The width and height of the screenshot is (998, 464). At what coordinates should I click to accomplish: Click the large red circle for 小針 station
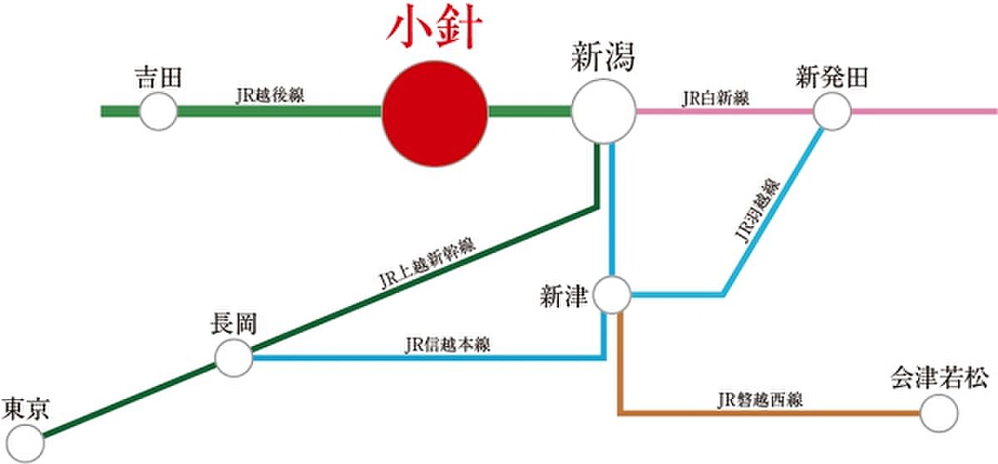pos(434,111)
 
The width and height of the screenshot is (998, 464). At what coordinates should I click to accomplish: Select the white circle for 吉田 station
pos(158,111)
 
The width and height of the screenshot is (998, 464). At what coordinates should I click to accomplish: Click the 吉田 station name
pos(158,78)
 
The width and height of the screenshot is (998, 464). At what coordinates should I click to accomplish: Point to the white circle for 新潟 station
pos(603,111)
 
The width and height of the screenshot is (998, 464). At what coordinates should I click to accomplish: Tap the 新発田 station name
pos(832,78)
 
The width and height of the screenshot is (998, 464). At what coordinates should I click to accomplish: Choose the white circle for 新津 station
pos(614,294)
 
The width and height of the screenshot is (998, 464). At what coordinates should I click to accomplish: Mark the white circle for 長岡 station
pos(234,358)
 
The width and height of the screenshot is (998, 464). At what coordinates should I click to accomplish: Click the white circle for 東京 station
pos(24,442)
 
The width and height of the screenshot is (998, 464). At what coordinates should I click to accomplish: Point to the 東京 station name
pos(26,408)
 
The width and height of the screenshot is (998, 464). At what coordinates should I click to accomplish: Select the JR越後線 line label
pos(270,96)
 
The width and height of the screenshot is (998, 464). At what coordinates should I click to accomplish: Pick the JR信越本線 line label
pos(447,343)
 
